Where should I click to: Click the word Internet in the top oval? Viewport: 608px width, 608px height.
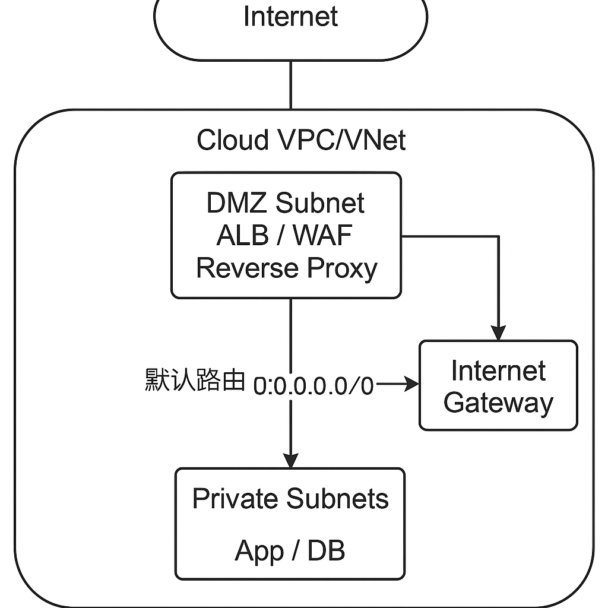(x=290, y=16)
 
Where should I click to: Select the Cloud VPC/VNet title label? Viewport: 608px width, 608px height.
(x=301, y=141)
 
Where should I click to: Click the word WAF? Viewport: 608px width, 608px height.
(x=323, y=236)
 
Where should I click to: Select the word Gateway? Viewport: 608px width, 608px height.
(x=498, y=403)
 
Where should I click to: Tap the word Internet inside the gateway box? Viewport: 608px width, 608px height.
(x=498, y=371)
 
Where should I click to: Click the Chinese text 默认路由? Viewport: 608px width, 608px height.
(x=195, y=380)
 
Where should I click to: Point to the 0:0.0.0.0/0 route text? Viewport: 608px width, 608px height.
(x=313, y=386)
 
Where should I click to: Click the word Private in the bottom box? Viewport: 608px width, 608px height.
(x=236, y=498)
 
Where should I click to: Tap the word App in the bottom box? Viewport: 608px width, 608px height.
(x=258, y=551)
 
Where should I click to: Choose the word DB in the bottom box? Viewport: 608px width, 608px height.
(x=326, y=551)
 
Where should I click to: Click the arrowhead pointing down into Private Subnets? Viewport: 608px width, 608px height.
(x=290, y=460)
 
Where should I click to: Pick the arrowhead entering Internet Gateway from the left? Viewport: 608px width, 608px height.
(x=411, y=385)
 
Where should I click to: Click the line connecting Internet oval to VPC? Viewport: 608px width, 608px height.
(x=290, y=84)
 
